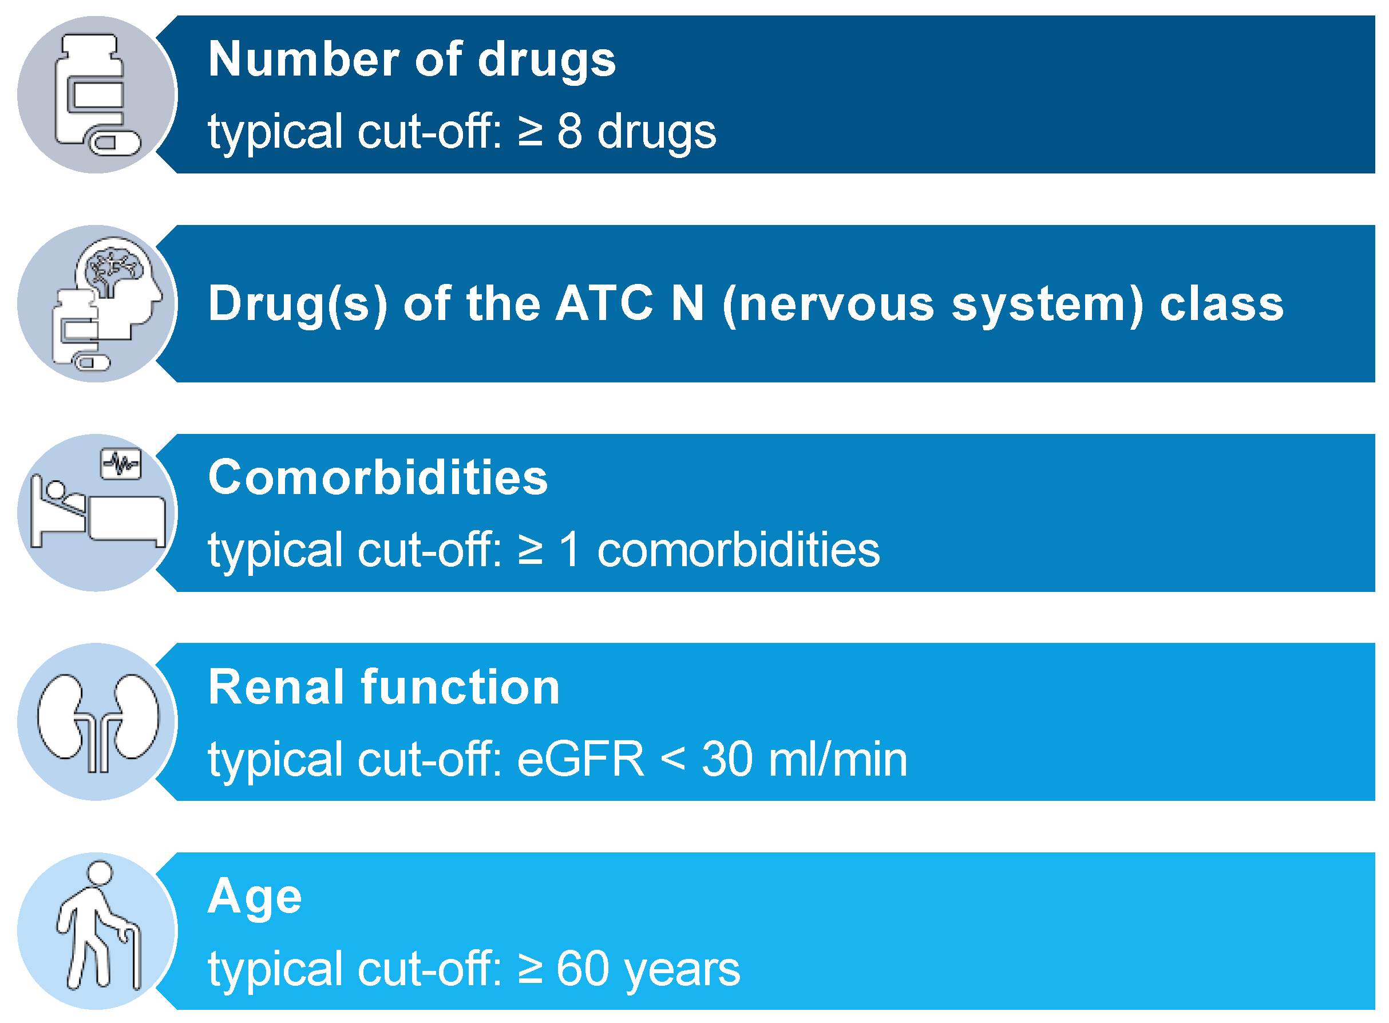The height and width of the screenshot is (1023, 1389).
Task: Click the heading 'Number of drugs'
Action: (411, 60)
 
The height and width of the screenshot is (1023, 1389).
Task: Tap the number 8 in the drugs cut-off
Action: (569, 131)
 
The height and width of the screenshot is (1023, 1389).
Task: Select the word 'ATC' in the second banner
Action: (604, 303)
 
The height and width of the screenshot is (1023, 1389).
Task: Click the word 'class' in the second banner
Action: (1221, 303)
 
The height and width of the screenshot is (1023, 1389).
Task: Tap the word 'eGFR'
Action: (580, 759)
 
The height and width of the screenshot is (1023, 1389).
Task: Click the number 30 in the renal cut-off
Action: (727, 759)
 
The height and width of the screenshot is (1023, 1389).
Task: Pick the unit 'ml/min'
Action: (837, 759)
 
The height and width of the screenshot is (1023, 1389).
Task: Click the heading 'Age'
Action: (255, 898)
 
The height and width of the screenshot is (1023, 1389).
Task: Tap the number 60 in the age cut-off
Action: (583, 968)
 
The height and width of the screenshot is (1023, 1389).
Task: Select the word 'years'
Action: (682, 971)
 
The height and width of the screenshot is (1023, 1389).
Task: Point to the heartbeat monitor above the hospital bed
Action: (121, 464)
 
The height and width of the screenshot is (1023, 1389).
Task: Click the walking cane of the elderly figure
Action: (132, 956)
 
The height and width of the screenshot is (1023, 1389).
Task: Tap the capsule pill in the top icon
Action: (115, 143)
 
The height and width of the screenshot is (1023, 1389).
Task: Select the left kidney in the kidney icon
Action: (62, 718)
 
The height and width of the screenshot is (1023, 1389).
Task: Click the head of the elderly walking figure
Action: (100, 873)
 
